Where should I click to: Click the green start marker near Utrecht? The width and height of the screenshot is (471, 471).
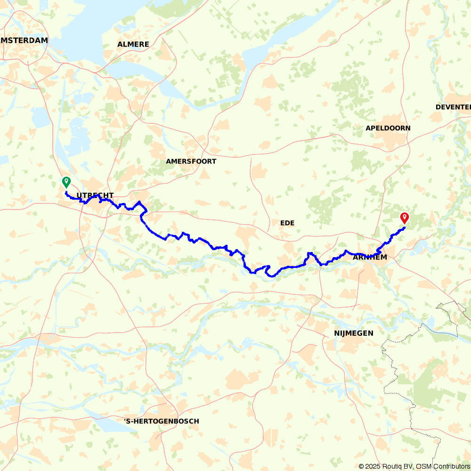pyautogui.click(x=66, y=182)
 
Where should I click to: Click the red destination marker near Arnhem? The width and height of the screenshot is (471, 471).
pyautogui.click(x=404, y=217)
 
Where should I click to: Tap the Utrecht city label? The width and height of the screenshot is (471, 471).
pyautogui.click(x=95, y=195)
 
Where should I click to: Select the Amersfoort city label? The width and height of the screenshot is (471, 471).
pyautogui.click(x=191, y=161)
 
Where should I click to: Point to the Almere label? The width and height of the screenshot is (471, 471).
pyautogui.click(x=133, y=44)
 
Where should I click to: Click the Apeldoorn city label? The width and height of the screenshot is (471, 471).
pyautogui.click(x=388, y=128)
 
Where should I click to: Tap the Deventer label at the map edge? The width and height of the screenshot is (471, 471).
pyautogui.click(x=453, y=107)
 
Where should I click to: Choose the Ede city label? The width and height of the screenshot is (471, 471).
pyautogui.click(x=287, y=223)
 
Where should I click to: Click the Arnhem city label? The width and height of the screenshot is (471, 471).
pyautogui.click(x=370, y=257)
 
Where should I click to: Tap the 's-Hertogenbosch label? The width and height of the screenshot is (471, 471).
pyautogui.click(x=161, y=421)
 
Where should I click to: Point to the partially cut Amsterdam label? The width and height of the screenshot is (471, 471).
pyautogui.click(x=24, y=41)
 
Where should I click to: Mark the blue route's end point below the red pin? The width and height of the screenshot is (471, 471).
pyautogui.click(x=405, y=228)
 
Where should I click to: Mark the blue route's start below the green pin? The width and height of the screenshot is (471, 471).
pyautogui.click(x=66, y=192)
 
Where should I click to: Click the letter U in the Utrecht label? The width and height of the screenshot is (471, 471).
pyautogui.click(x=79, y=195)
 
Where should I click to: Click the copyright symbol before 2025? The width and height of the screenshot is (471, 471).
pyautogui.click(x=361, y=466)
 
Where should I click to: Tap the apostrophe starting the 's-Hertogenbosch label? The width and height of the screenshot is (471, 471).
pyautogui.click(x=124, y=419)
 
